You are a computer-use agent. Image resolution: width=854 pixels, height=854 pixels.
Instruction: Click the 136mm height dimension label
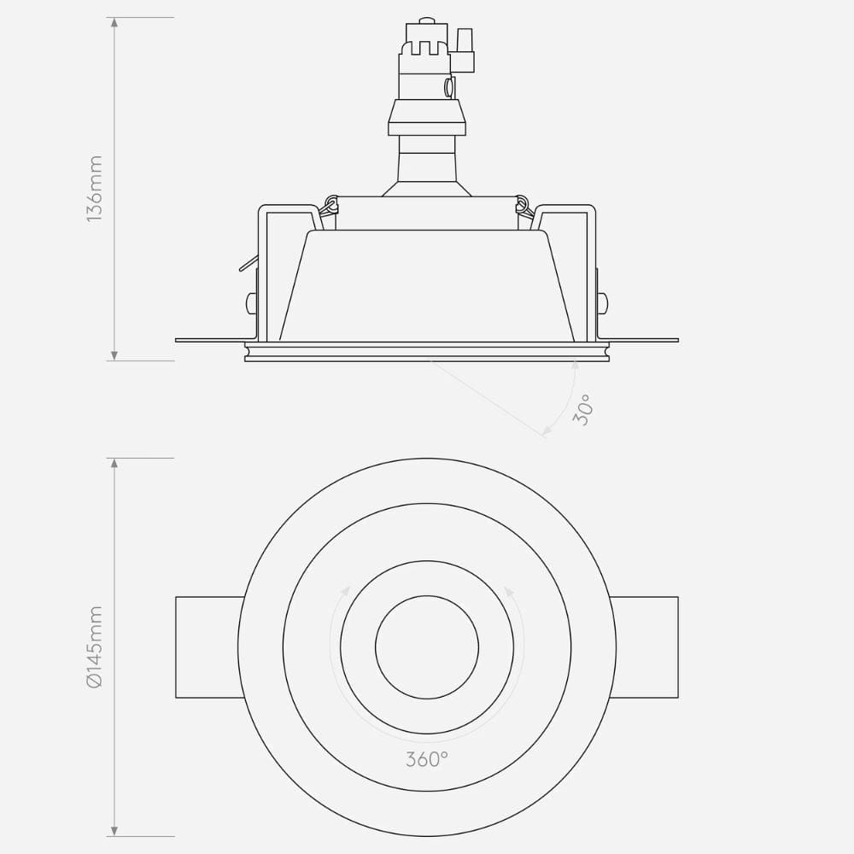[x=95, y=189]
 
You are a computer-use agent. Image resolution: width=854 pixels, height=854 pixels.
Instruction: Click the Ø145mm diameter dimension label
[x=95, y=646]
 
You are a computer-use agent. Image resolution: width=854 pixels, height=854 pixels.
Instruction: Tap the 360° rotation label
[x=427, y=758]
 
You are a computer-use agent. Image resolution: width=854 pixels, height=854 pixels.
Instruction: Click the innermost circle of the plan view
[x=427, y=646]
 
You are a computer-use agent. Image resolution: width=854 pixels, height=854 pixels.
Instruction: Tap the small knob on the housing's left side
[x=249, y=302]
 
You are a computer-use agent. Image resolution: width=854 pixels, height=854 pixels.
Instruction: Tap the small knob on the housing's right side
[x=603, y=302]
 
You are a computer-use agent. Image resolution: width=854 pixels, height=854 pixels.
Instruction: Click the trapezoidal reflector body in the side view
[x=427, y=286]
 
